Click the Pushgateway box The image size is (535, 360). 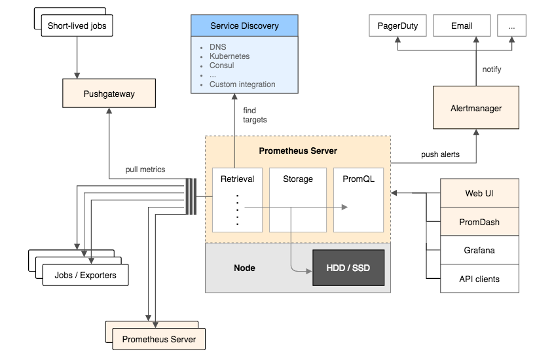[x=109, y=94]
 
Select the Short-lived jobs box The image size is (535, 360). [x=77, y=27]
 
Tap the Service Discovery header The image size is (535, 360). [x=244, y=26]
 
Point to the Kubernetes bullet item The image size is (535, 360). [x=229, y=56]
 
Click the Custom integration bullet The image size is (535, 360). [x=242, y=84]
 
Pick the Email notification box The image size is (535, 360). [x=462, y=26]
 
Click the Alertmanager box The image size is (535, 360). [x=476, y=108]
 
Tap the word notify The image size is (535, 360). [x=492, y=69]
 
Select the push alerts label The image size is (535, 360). [x=440, y=155]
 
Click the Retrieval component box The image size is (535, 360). [x=236, y=199]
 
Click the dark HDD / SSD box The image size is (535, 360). [x=348, y=268]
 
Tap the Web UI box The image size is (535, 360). [x=479, y=194]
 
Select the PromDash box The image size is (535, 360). [x=479, y=222]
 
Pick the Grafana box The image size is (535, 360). [x=479, y=250]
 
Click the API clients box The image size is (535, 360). [x=479, y=279]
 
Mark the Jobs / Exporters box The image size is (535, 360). [x=85, y=275]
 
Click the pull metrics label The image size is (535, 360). [x=145, y=170]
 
